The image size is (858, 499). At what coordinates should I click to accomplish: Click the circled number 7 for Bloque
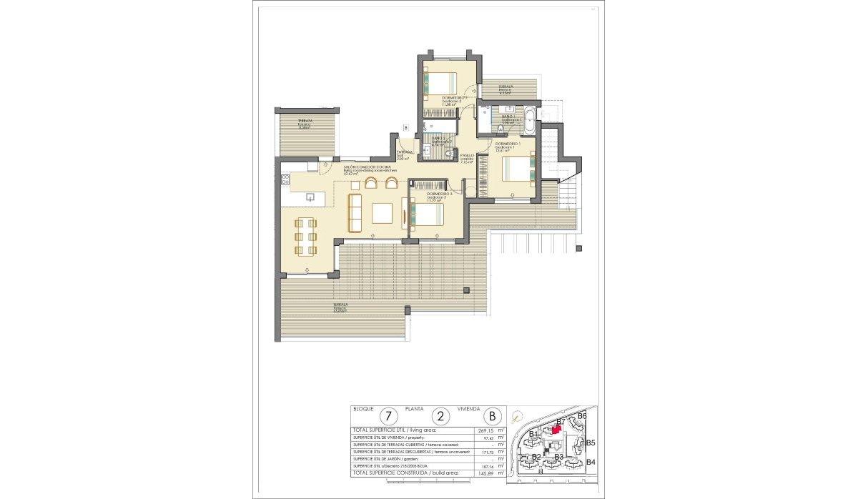[x=389, y=415]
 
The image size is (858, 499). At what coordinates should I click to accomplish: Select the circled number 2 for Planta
[x=441, y=415]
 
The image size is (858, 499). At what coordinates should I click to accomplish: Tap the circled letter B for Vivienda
[x=493, y=415]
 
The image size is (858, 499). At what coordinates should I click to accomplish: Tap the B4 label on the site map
[x=591, y=462]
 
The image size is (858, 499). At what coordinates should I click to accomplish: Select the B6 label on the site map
[x=582, y=415]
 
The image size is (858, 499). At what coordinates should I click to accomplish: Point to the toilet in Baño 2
[x=448, y=152]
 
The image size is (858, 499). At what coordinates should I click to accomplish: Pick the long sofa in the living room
[x=354, y=212]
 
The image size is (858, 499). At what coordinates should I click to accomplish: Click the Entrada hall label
[x=405, y=153]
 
